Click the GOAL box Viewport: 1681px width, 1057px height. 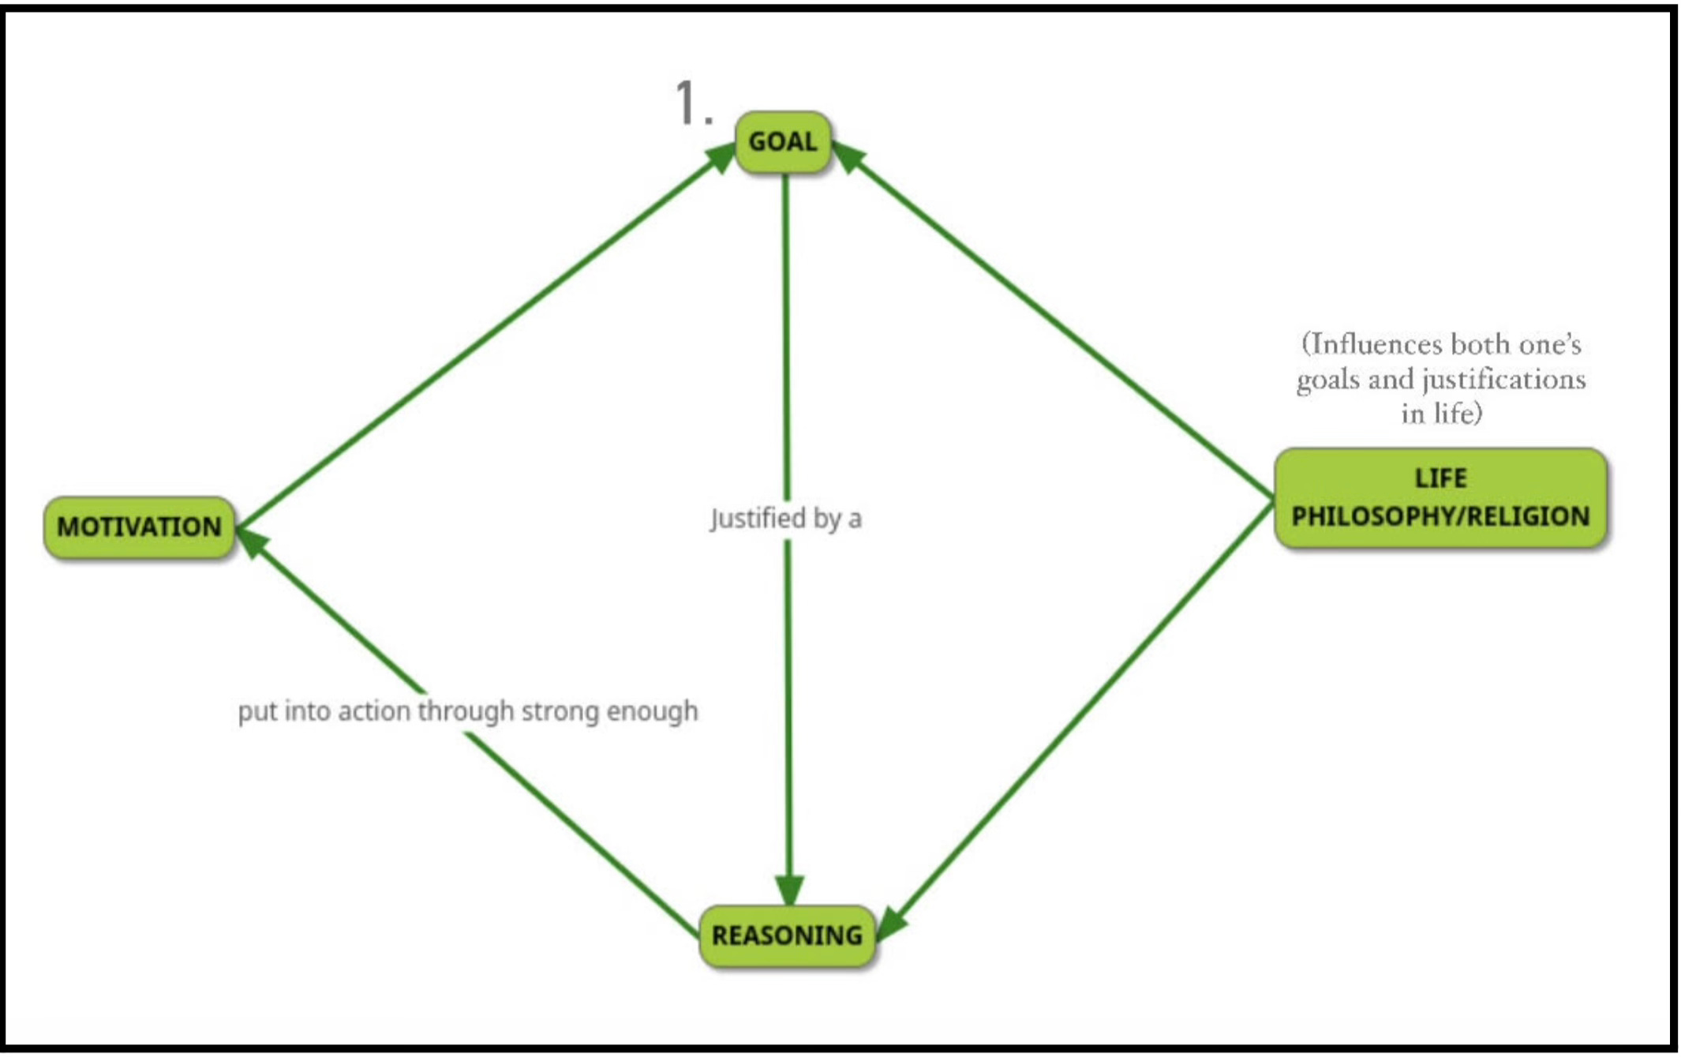782,142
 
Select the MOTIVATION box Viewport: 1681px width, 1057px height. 139,527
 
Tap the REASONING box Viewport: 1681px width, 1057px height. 787,935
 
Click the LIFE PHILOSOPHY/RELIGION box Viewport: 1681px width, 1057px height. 1440,498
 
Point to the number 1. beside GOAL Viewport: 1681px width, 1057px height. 693,104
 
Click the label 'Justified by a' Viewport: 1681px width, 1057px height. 786,519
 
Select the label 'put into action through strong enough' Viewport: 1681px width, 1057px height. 468,711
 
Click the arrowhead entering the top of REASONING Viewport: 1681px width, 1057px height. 789,890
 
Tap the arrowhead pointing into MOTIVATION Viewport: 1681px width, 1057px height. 251,541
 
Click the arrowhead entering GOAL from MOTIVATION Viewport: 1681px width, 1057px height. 720,155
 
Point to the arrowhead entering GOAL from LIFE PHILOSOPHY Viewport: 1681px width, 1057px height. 848,155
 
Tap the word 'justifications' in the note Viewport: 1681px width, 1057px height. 1503,380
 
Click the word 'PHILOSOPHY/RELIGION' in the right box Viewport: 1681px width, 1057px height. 1440,517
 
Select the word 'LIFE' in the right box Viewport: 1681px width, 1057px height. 1440,478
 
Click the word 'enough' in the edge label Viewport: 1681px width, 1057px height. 652,711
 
